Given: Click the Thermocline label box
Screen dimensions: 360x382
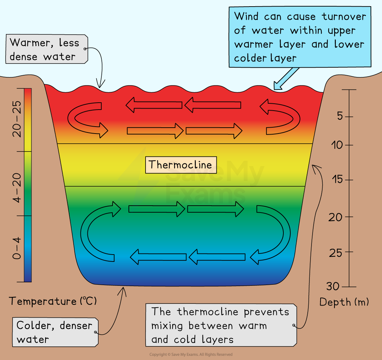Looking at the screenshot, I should point(181,165).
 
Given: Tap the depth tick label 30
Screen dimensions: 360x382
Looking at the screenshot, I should point(333,287).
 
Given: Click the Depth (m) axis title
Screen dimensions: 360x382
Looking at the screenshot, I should point(344,302).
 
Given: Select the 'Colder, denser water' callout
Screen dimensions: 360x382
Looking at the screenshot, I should point(55,332).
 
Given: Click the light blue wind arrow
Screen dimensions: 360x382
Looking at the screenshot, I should point(286,78).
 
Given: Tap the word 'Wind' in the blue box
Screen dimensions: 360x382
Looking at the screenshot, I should point(247,16).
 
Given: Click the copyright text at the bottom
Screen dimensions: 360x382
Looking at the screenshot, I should point(191,354).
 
